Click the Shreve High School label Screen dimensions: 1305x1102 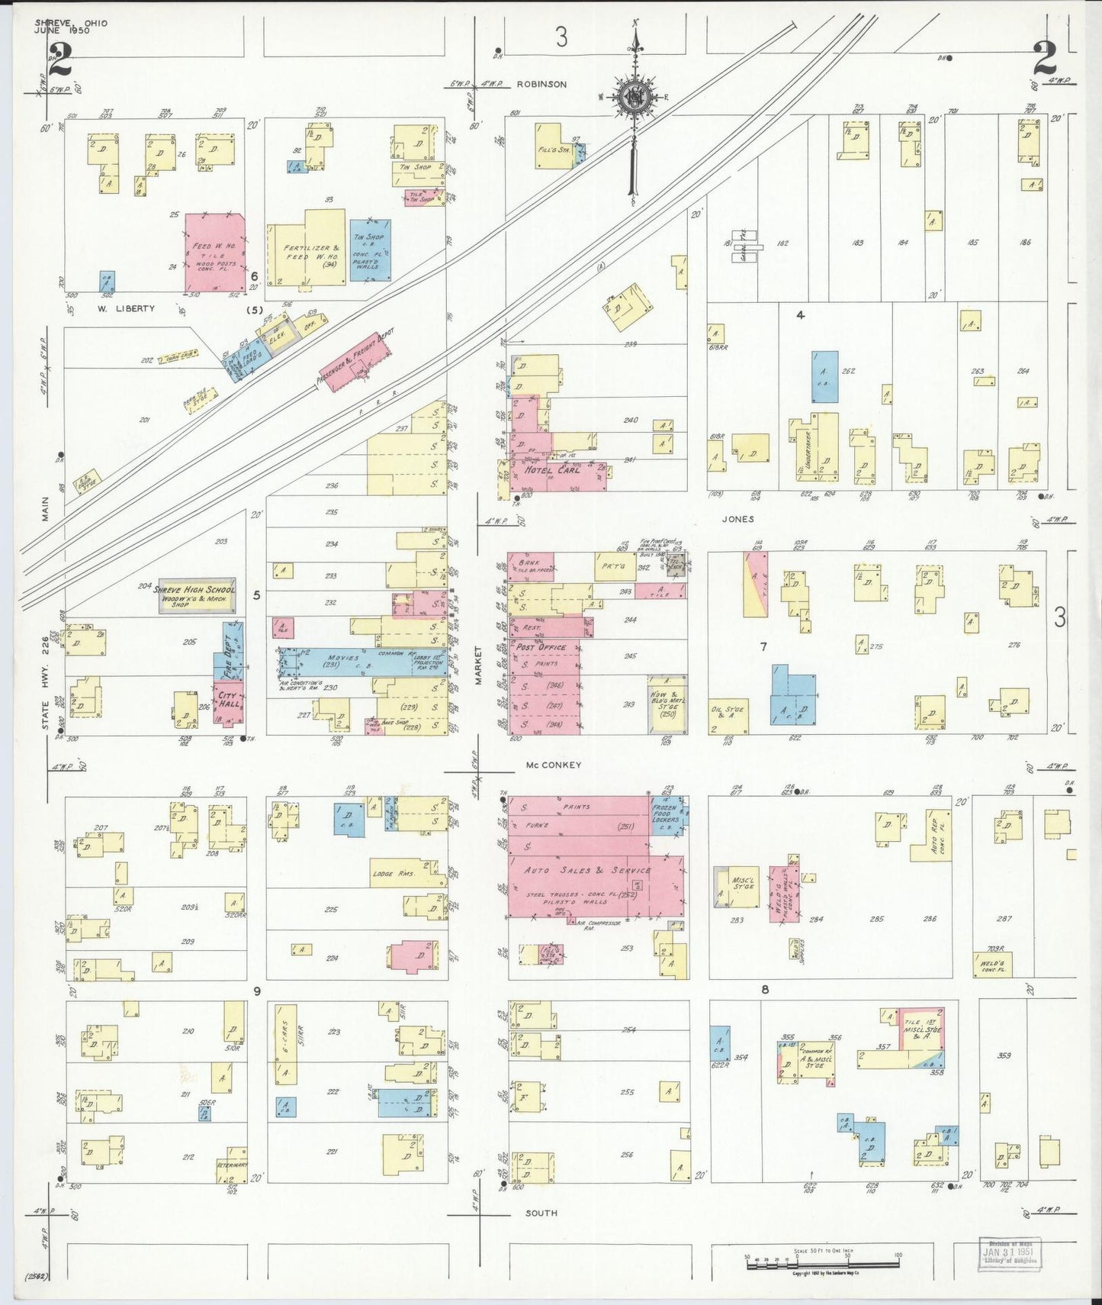click(x=194, y=590)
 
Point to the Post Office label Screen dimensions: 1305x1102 click(x=541, y=647)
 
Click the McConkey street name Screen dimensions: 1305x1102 click(x=554, y=765)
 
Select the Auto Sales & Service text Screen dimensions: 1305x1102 click(x=587, y=870)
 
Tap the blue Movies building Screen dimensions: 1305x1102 click(x=347, y=662)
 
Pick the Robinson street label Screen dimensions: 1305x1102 click(x=541, y=84)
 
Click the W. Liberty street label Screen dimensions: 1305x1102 click(x=126, y=309)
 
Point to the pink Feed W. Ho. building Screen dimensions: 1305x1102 click(x=215, y=252)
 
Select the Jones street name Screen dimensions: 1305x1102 click(x=737, y=519)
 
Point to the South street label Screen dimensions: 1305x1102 click(x=541, y=1213)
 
